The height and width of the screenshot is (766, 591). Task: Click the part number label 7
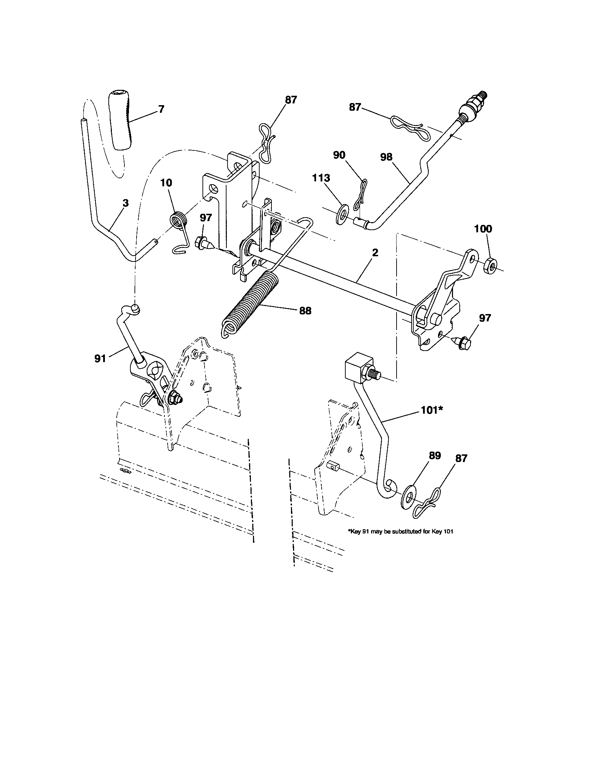click(161, 109)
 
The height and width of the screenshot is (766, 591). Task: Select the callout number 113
click(322, 178)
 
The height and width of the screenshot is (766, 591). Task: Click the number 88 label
click(305, 311)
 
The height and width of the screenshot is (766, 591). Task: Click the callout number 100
click(483, 229)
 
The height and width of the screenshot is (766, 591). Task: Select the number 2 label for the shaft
click(375, 253)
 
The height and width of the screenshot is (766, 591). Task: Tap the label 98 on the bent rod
click(386, 157)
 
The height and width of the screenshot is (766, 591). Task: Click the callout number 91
click(100, 359)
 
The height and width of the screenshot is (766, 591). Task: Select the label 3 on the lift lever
click(125, 203)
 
